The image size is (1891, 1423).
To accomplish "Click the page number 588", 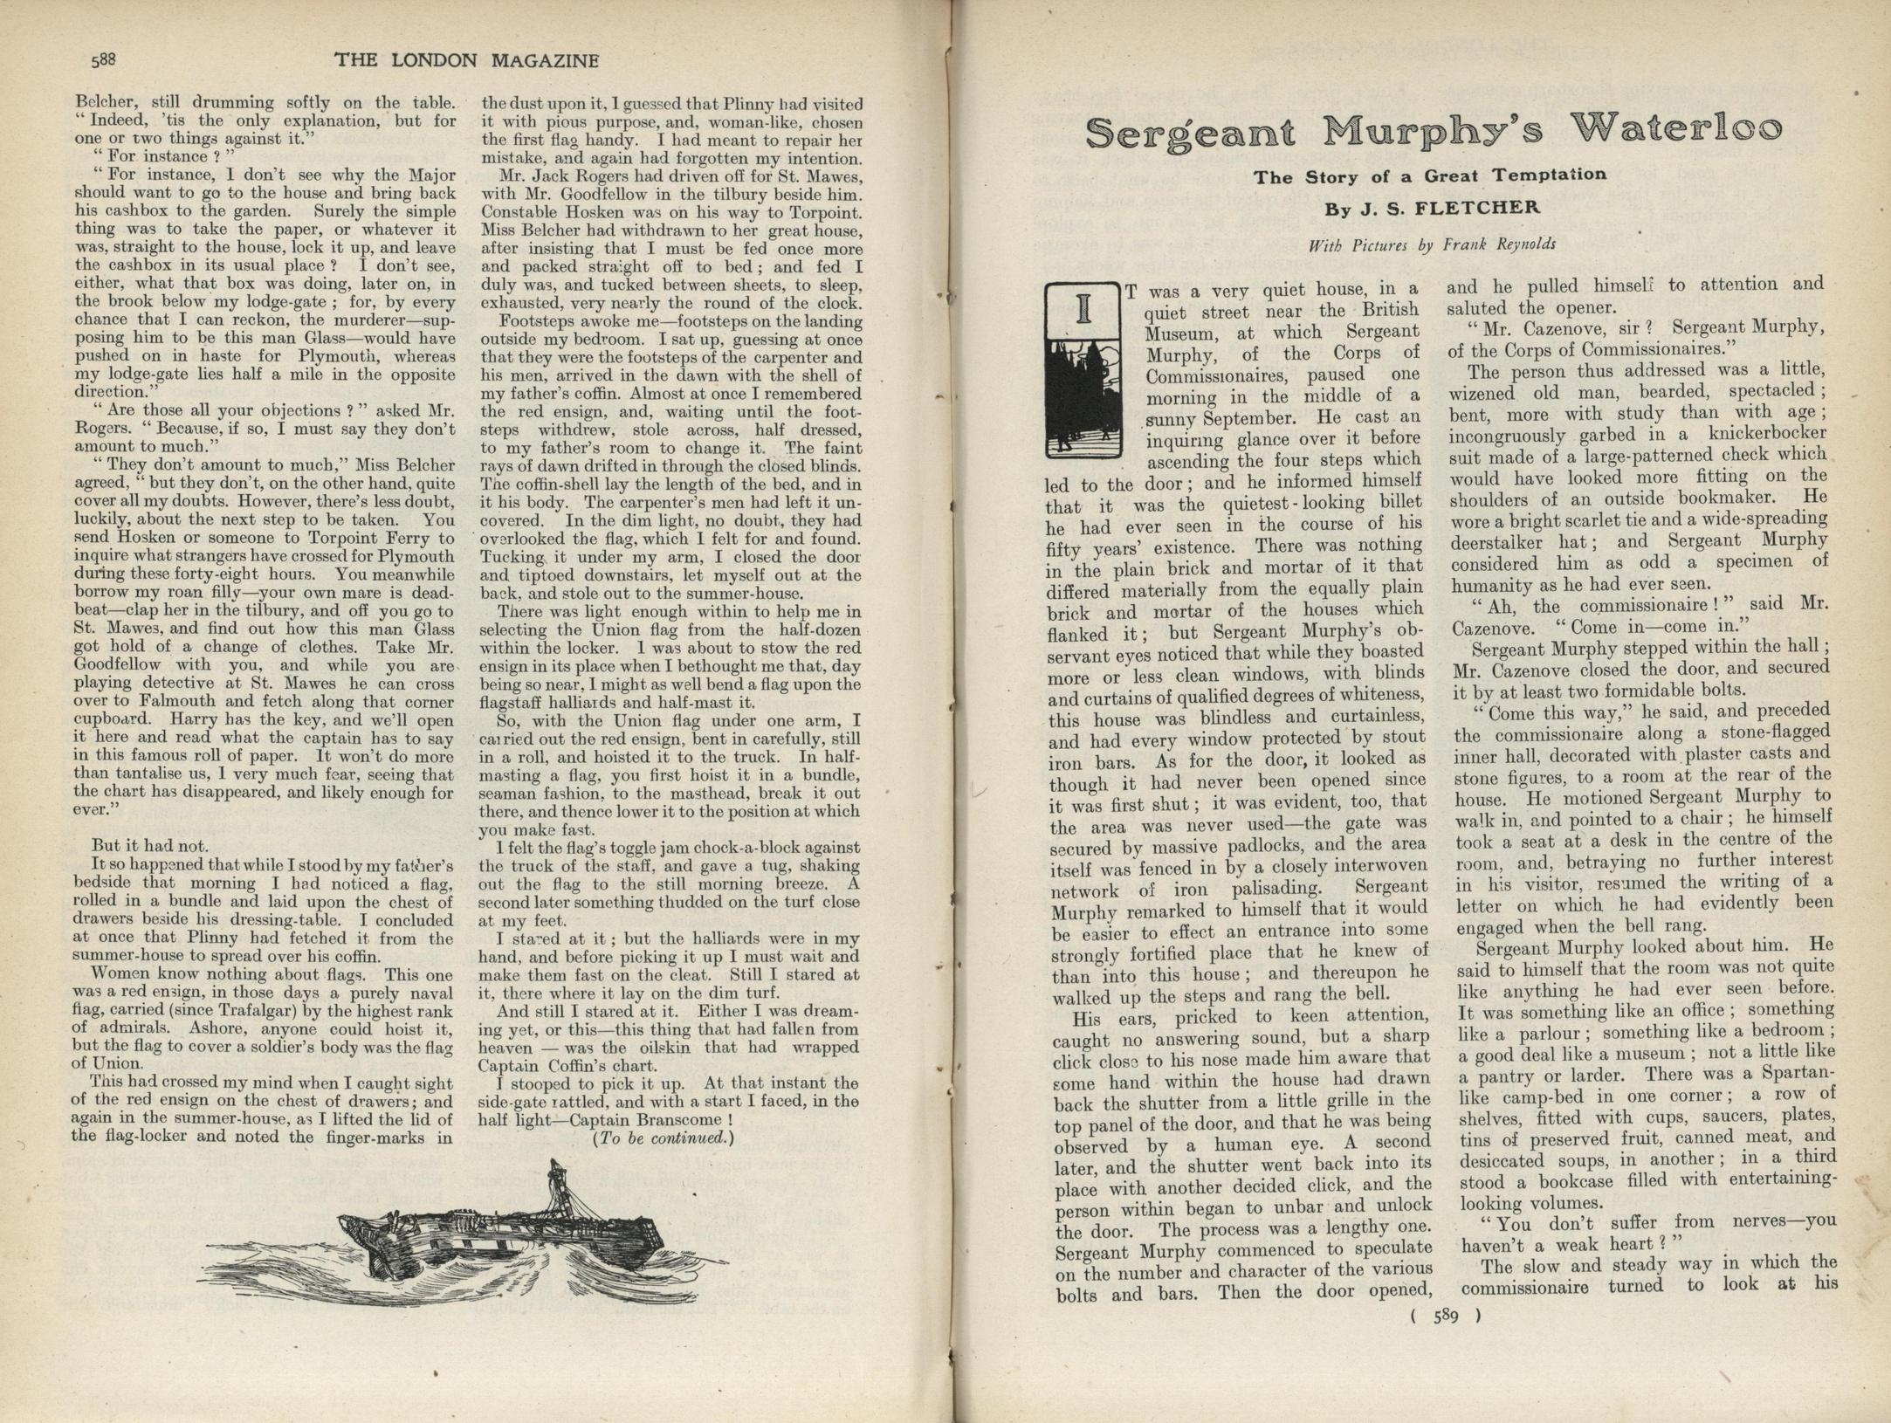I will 103,59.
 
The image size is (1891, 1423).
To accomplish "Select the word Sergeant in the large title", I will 1191,134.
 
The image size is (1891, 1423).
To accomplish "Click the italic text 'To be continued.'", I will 664,1138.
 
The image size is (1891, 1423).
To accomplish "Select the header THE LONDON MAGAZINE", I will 467,60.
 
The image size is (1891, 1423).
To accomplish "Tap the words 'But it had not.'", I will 149,845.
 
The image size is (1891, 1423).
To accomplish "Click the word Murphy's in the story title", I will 1433,131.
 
